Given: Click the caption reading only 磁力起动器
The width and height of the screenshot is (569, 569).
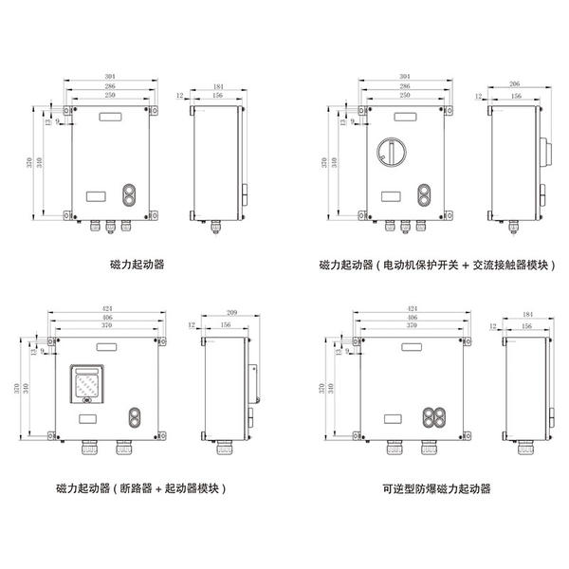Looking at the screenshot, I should (x=138, y=266).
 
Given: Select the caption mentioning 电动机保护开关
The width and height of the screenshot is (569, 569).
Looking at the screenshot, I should (x=436, y=266).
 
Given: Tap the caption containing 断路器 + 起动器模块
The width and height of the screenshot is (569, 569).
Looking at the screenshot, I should (x=142, y=489).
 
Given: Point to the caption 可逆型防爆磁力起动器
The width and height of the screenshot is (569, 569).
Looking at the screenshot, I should (x=437, y=489).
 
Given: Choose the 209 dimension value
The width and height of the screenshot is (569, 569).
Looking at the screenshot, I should (x=233, y=312).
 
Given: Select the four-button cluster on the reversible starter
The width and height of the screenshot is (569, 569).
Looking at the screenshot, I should (x=435, y=417).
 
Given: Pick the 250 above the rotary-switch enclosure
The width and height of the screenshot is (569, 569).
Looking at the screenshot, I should (x=405, y=96).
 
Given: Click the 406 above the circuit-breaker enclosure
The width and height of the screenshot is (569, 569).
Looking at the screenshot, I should (x=105, y=319).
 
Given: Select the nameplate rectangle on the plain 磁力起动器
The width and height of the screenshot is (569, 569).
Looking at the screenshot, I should (x=97, y=196).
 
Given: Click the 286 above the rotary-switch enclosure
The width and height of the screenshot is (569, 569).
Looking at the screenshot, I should (x=405, y=86).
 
